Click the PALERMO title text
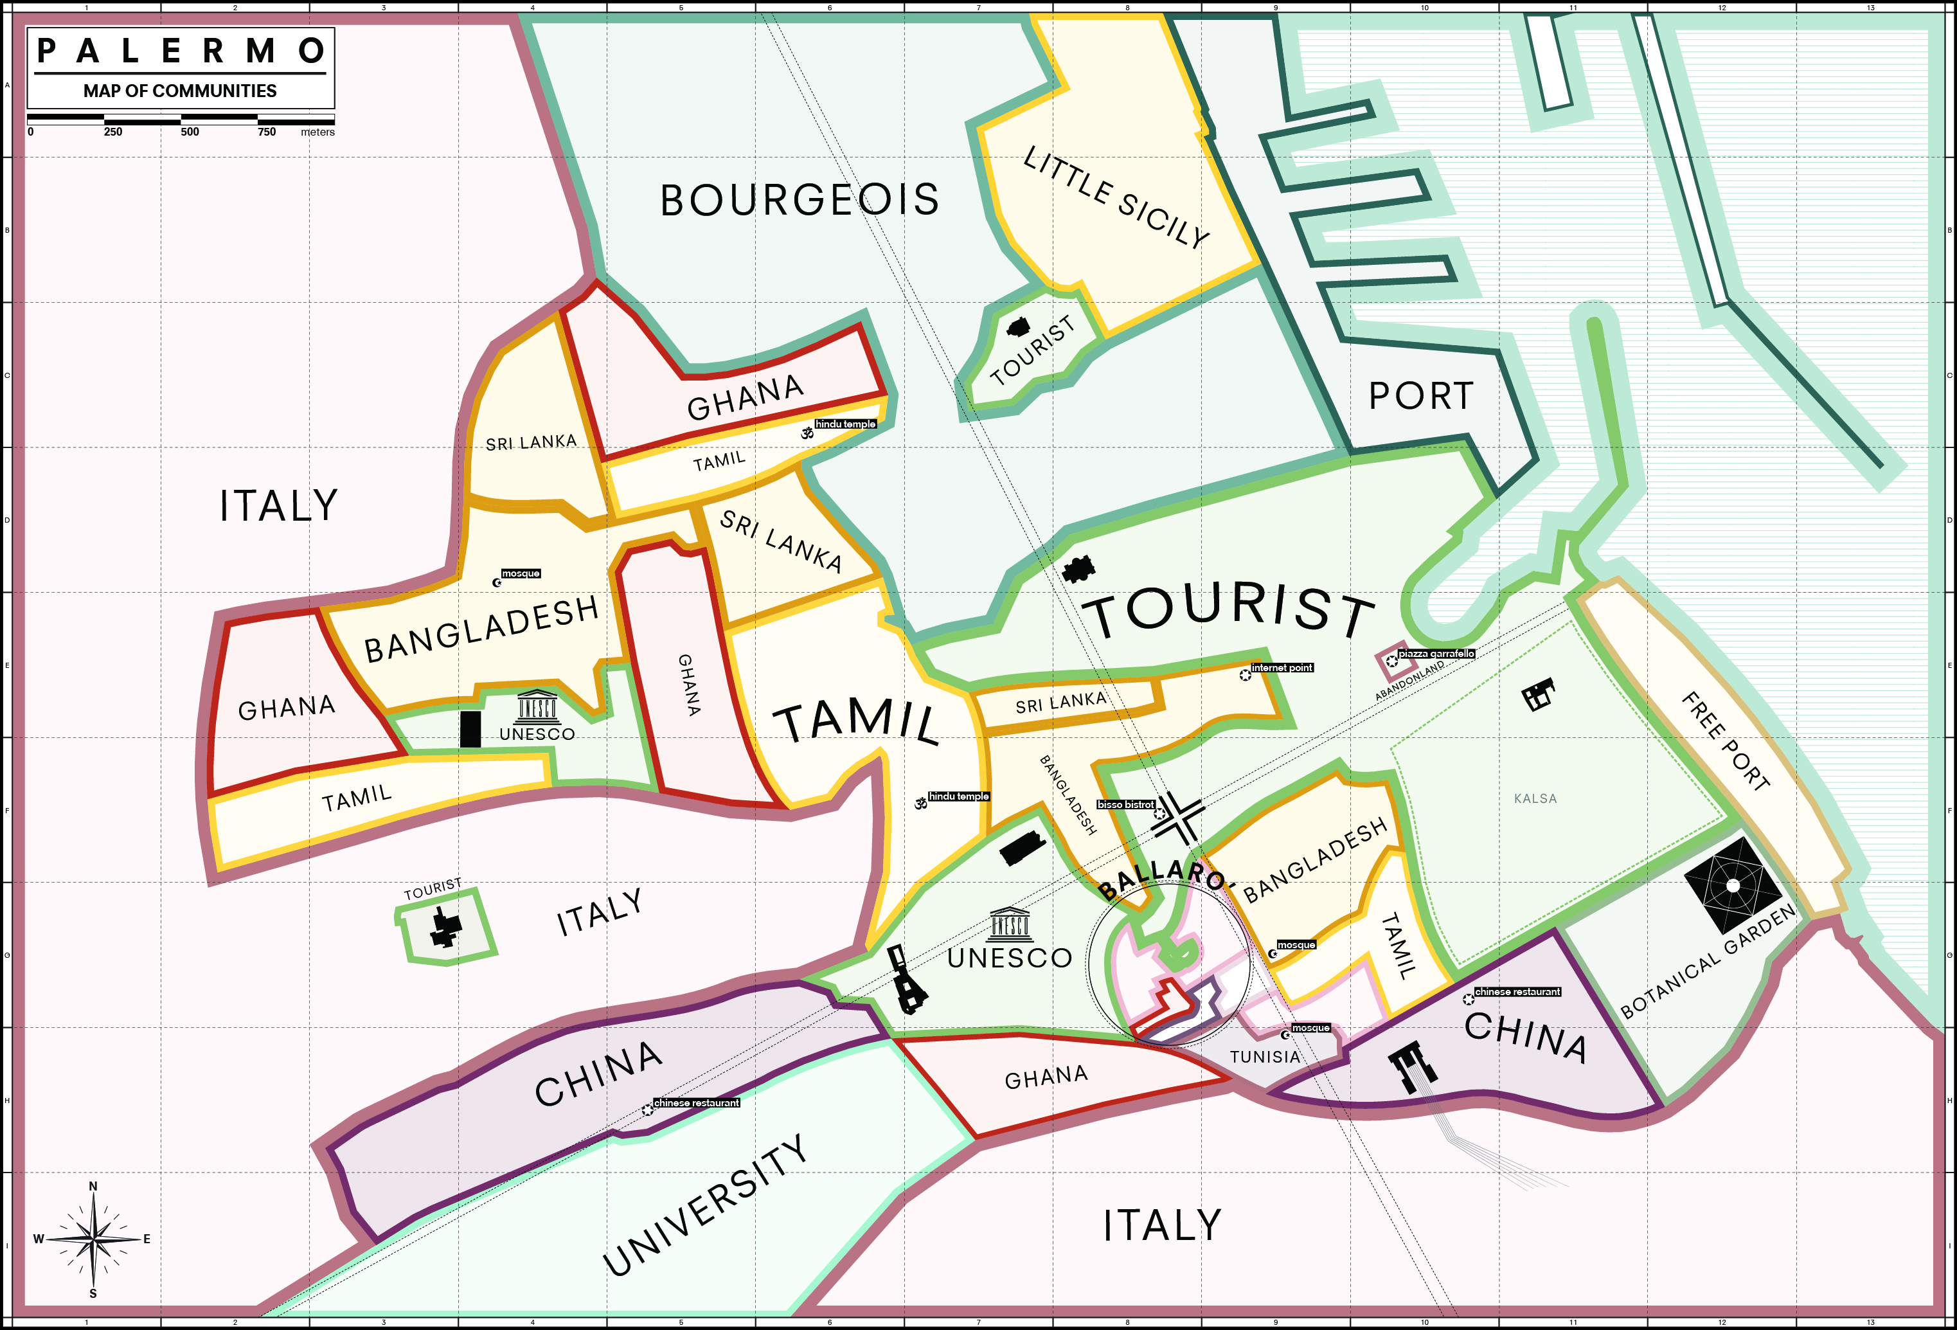[181, 51]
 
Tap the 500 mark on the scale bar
[190, 131]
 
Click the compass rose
[93, 1239]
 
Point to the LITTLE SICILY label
[1116, 196]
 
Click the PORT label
[1420, 396]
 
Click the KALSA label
[1535, 798]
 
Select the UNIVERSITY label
[706, 1205]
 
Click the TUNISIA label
[1265, 1057]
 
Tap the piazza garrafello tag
[1436, 654]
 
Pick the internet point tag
[1282, 668]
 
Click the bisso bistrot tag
[1125, 804]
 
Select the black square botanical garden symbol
[1732, 885]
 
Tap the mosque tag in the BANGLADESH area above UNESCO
[521, 573]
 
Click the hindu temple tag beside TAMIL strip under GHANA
[844, 424]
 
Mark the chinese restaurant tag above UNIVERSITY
[697, 1102]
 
